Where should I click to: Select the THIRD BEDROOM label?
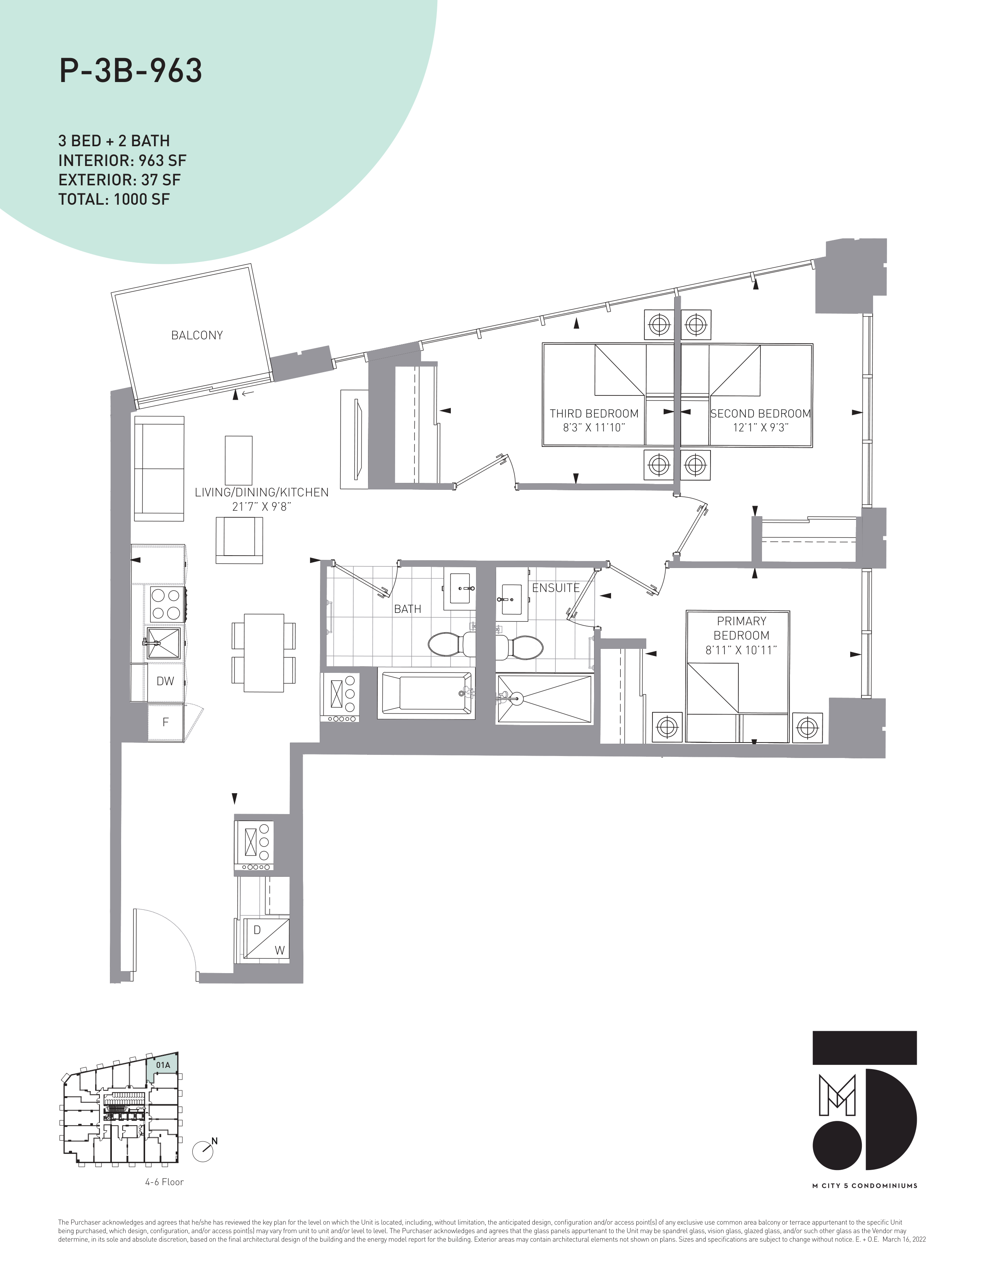click(x=594, y=413)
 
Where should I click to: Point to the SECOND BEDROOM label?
click(x=760, y=413)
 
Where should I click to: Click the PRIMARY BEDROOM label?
click(x=741, y=628)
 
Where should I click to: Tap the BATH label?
click(x=408, y=609)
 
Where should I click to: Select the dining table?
click(x=264, y=652)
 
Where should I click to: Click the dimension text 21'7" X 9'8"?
click(x=262, y=507)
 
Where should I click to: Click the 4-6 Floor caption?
click(x=164, y=1182)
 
